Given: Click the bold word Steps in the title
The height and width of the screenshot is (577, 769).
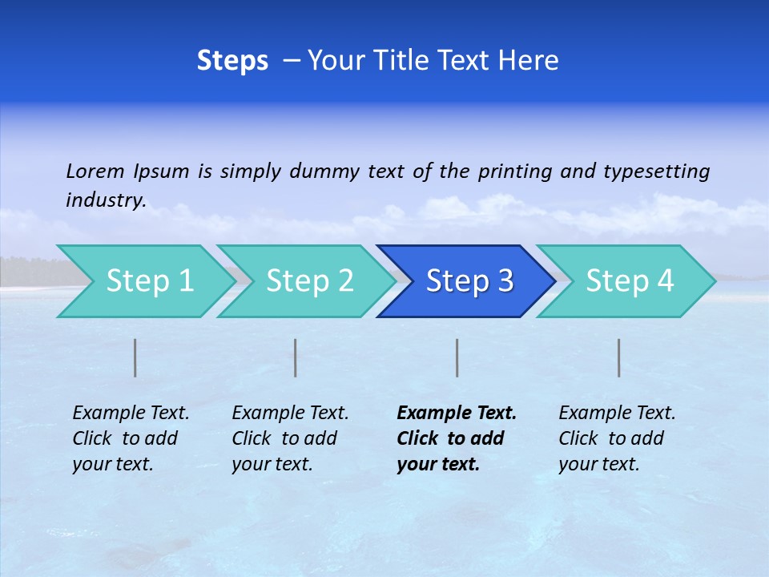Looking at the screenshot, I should pyautogui.click(x=232, y=61).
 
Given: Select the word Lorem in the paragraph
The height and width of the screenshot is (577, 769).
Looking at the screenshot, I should pyautogui.click(x=95, y=171).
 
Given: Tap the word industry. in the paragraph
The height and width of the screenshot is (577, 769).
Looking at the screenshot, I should pyautogui.click(x=106, y=200).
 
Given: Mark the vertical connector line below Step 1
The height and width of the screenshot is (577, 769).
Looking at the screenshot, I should pyautogui.click(x=135, y=357).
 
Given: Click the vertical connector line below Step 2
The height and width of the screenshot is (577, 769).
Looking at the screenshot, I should pyautogui.click(x=296, y=357).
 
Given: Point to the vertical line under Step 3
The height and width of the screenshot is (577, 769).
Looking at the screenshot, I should pyautogui.click(x=457, y=357).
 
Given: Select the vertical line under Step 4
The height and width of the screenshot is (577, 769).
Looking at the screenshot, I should pyautogui.click(x=619, y=357).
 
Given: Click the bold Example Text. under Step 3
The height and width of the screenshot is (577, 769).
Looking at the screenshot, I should pyautogui.click(x=457, y=414).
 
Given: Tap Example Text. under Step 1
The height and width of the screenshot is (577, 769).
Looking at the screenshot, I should pyautogui.click(x=131, y=414).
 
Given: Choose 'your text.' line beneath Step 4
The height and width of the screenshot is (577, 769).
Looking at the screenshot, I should pyautogui.click(x=598, y=464).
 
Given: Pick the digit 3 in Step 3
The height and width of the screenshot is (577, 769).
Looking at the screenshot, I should pyautogui.click(x=505, y=281).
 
